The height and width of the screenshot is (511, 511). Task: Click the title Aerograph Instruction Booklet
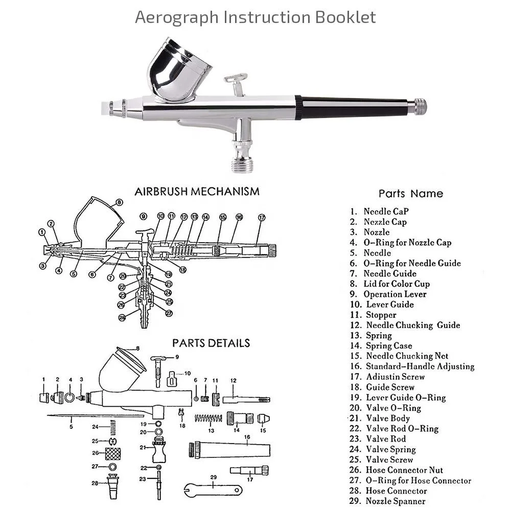click(x=255, y=17)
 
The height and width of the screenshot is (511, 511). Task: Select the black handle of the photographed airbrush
click(x=358, y=108)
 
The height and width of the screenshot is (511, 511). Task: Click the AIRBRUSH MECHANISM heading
click(x=197, y=192)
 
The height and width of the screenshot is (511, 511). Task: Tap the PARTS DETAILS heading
click(x=211, y=343)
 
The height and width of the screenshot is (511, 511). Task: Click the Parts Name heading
click(x=410, y=194)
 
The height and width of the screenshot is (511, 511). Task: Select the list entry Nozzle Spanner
click(x=395, y=501)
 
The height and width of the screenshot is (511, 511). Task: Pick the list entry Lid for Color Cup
click(x=397, y=284)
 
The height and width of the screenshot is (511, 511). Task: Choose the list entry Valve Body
click(x=388, y=418)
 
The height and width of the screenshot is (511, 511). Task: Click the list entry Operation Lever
click(x=394, y=294)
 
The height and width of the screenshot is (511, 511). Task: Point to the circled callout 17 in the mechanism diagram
click(x=262, y=217)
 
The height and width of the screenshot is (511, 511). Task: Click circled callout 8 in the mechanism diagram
click(x=120, y=202)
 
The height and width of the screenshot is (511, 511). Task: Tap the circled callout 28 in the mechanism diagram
click(x=122, y=317)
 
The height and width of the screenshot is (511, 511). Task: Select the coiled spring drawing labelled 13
click(x=208, y=419)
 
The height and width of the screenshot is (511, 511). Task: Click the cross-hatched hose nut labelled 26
click(x=112, y=453)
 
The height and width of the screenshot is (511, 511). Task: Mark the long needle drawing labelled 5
click(x=82, y=416)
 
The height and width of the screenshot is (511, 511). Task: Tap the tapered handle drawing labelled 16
click(x=230, y=450)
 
